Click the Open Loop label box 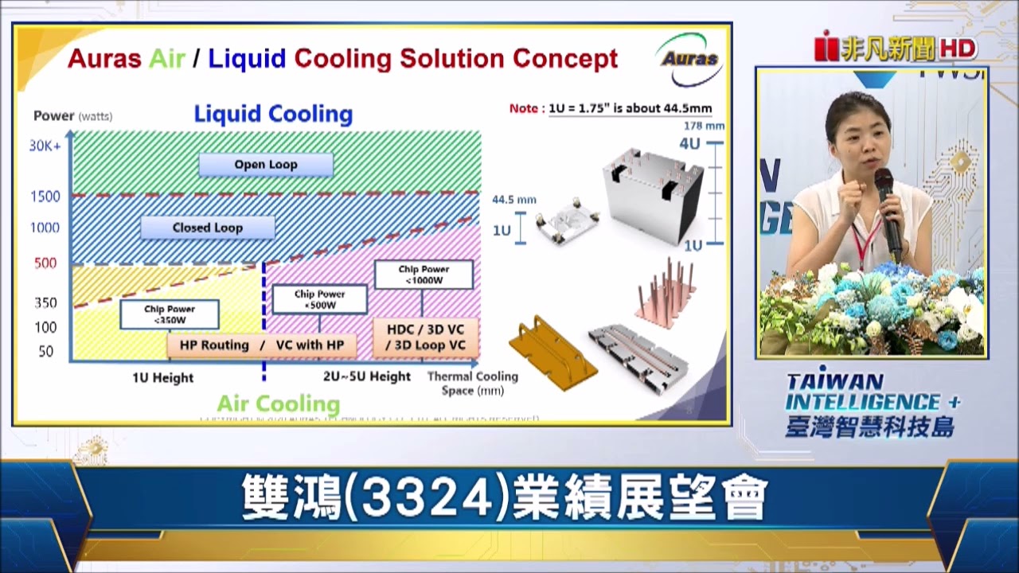[x=265, y=165]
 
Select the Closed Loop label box [x=207, y=228]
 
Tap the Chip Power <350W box [x=169, y=314]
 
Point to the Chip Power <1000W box [x=424, y=275]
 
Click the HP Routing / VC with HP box [x=261, y=345]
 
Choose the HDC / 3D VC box [x=425, y=337]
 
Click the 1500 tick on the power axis [x=45, y=197]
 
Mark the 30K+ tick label [x=45, y=146]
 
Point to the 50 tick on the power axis [x=46, y=352]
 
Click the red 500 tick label [x=45, y=263]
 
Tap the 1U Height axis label [x=162, y=378]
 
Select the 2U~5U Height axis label [x=367, y=376]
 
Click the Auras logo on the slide [x=689, y=59]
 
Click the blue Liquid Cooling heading [x=273, y=115]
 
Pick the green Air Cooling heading [x=278, y=403]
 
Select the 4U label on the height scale [x=689, y=145]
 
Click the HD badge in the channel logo [x=958, y=49]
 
